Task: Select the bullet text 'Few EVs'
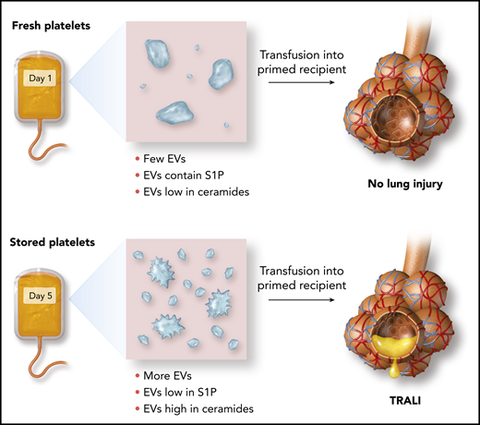point(165,149)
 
